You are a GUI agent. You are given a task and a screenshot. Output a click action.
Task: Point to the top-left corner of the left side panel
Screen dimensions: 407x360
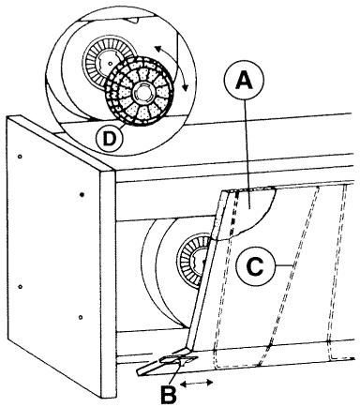point(7,120)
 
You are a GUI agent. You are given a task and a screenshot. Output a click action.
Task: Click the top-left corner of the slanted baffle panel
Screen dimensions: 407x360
point(222,188)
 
